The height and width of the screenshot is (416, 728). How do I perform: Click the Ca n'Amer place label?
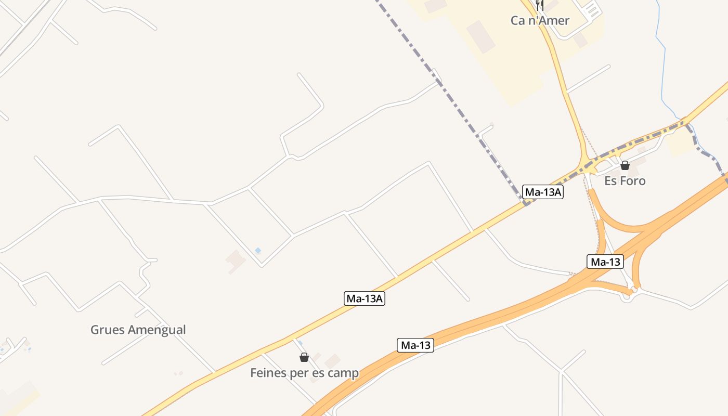[540, 21]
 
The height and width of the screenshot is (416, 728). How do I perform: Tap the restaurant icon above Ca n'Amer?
[540, 5]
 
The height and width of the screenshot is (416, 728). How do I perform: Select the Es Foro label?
[625, 181]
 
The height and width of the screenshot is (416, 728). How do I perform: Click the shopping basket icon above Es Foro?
[625, 165]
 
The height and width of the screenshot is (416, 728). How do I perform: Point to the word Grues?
[108, 330]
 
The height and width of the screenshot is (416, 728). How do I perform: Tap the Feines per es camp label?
[304, 373]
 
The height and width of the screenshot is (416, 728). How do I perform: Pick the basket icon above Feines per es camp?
[304, 357]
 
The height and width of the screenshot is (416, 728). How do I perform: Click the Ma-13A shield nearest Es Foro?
[543, 192]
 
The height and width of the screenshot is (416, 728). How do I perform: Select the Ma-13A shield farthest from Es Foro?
[365, 298]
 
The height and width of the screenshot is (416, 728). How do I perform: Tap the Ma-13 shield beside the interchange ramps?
[605, 262]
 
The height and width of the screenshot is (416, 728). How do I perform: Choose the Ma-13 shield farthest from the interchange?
[415, 345]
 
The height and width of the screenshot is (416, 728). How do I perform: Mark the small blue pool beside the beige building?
[258, 251]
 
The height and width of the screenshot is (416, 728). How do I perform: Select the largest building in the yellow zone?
[481, 36]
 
